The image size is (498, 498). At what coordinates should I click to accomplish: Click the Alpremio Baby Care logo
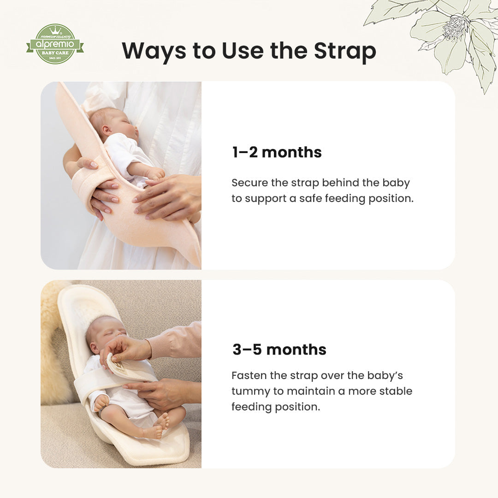pos(55,44)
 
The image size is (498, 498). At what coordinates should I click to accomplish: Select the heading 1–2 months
pos(277,153)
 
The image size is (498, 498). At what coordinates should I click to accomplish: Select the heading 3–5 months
pos(279,350)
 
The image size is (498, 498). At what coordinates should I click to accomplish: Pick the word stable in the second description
pos(396,391)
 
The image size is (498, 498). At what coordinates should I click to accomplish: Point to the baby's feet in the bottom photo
pos(157,426)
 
